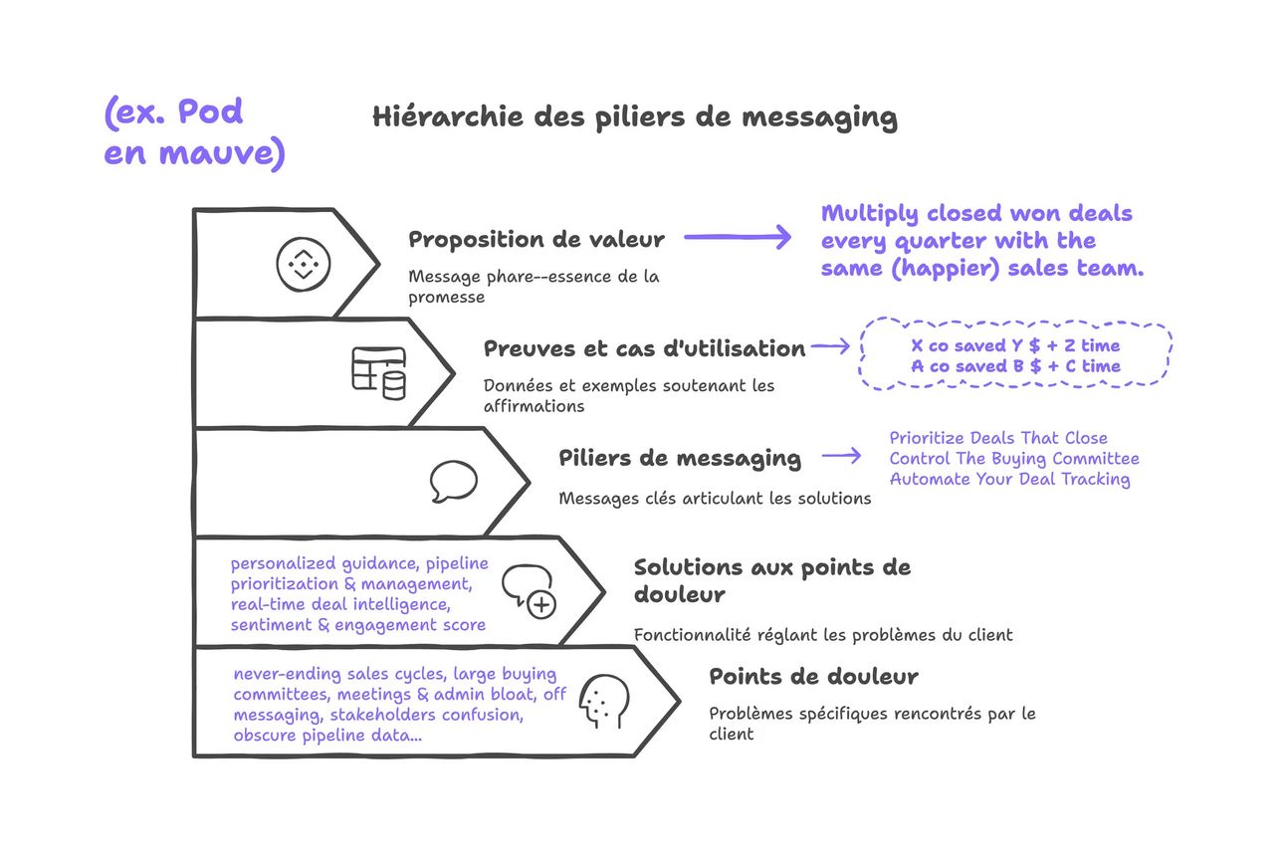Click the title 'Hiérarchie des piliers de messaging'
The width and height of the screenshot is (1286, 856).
635,117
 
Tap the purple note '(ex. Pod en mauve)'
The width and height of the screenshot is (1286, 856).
194,133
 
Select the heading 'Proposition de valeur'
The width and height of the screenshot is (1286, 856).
536,240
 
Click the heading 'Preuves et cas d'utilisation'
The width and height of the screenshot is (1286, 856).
644,348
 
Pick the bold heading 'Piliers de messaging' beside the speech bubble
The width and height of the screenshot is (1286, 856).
680,459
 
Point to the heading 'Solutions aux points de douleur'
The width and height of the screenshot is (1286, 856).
772,580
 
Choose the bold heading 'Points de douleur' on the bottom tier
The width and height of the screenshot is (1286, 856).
813,676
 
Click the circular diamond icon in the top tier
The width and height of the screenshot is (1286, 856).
304,264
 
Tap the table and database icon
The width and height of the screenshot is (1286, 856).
379,373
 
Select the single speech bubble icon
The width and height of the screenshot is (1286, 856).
454,481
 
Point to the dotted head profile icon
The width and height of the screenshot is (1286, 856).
604,702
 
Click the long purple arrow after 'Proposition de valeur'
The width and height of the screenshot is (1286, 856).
738,237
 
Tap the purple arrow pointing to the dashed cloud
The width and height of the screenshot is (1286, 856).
831,345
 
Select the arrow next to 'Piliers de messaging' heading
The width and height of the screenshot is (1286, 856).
842,456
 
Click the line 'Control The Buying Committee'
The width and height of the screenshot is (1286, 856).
1014,459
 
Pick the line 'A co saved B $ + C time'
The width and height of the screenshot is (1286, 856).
1015,366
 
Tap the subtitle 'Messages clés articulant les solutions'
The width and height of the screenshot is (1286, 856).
715,499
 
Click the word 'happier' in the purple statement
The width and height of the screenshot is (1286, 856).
945,269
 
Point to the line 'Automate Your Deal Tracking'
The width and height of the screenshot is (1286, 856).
1010,480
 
